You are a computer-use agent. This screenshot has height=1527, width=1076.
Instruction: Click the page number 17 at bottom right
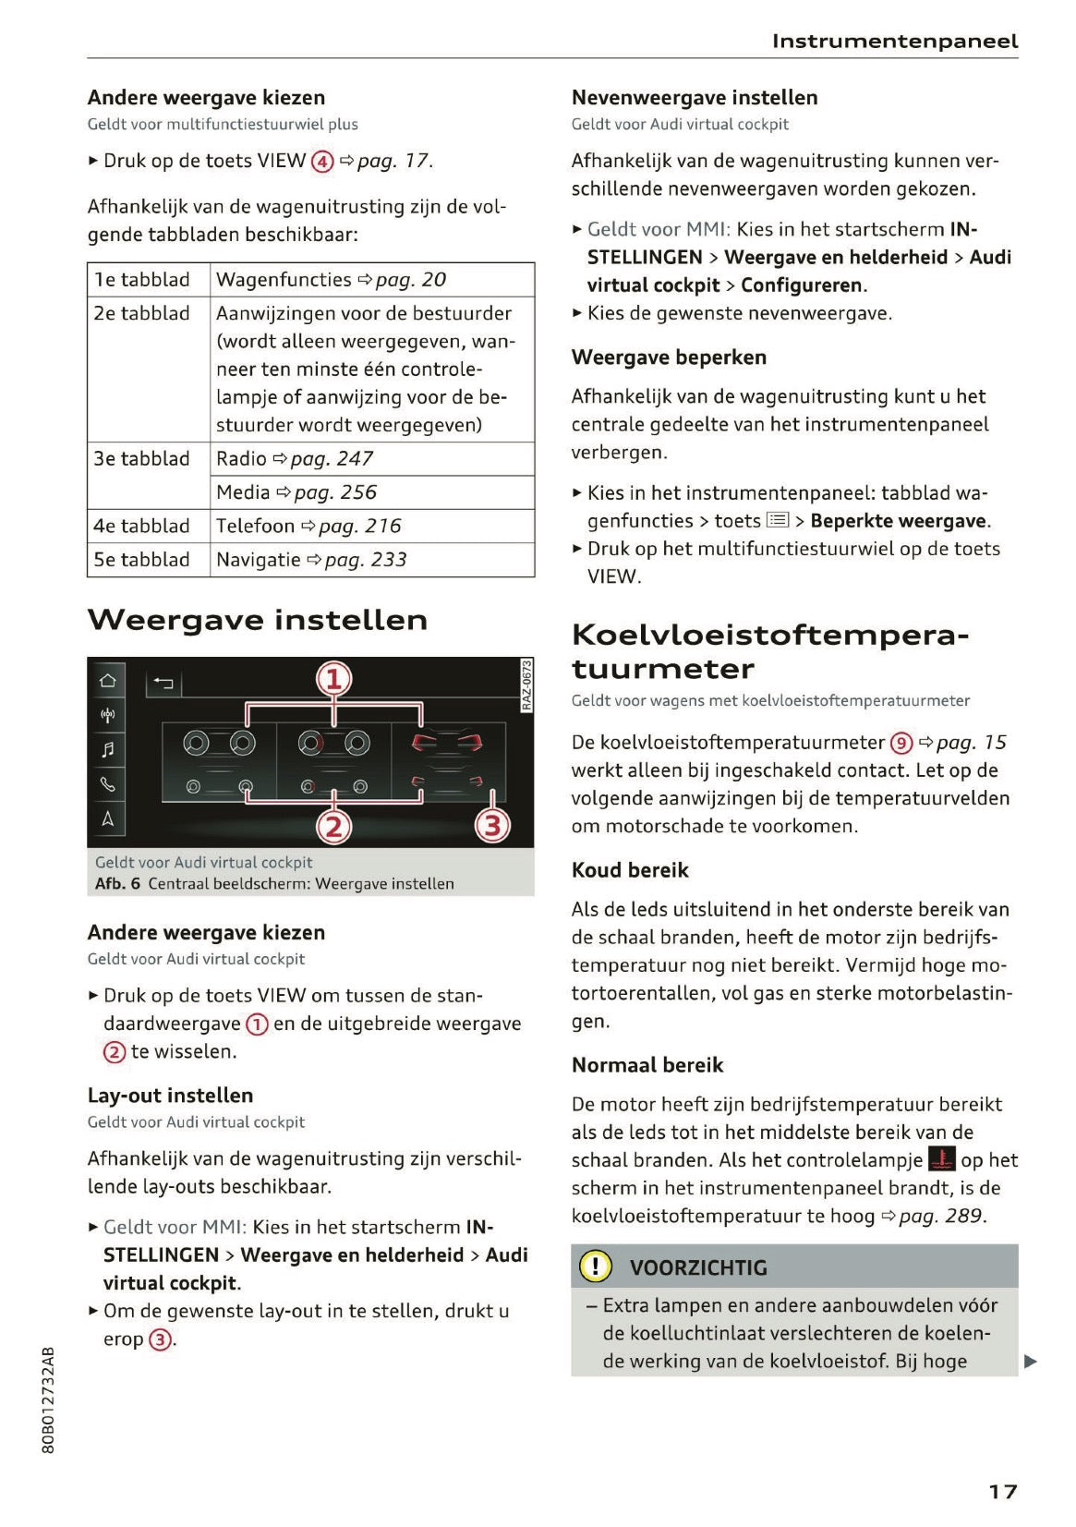pos(1002,1491)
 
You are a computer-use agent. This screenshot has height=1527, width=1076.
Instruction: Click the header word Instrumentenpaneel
pos(894,41)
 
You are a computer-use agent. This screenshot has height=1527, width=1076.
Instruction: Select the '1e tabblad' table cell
pos(142,279)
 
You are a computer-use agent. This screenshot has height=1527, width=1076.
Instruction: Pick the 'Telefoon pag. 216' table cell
pos(308,526)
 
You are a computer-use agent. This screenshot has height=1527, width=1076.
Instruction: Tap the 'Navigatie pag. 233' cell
pos(311,559)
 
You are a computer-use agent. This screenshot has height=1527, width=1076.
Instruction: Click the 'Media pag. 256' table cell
pos(296,492)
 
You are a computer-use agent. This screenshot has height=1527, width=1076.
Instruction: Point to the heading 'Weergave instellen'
pos(258,620)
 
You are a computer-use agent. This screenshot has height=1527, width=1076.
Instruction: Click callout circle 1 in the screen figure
pos(333,680)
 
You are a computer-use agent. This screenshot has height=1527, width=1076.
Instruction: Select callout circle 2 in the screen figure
pos(333,826)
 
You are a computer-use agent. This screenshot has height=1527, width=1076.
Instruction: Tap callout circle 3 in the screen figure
pos(492,825)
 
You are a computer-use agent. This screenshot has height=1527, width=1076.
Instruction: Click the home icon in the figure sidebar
pos(108,681)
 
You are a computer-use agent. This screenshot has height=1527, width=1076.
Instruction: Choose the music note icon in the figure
pos(108,749)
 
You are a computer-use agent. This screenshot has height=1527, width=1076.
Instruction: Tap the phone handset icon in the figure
pos(108,784)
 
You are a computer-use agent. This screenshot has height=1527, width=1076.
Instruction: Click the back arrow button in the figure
pos(163,684)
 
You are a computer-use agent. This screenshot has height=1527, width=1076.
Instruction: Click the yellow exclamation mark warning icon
pos(596,1266)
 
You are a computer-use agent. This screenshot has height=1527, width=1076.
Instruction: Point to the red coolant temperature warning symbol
pos(941,1159)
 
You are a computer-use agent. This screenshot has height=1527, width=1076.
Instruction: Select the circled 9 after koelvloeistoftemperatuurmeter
pos(901,743)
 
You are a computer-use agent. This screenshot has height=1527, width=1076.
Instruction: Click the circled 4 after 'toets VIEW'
pos(321,162)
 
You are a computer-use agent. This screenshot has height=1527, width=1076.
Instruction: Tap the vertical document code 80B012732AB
pos(49,1400)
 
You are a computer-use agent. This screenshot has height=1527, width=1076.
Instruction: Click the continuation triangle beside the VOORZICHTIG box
pos(1031,1361)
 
